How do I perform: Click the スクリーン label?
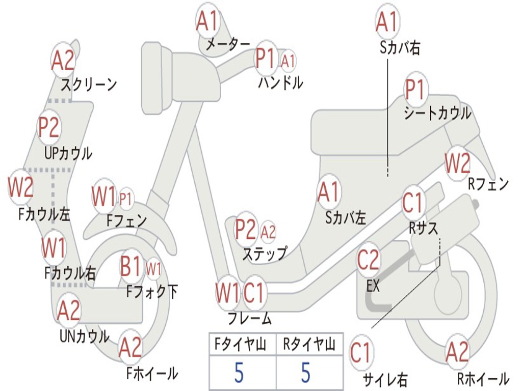tap(89, 84)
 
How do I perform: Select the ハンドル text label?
tap(280, 82)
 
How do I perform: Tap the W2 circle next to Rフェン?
tap(457, 163)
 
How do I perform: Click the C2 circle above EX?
tap(368, 260)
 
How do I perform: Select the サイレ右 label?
tap(385, 379)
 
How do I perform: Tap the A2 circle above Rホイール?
tap(457, 352)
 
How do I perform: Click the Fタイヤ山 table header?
tap(242, 346)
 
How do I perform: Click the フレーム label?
tap(249, 319)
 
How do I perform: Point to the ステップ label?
tap(265, 253)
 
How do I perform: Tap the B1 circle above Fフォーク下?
tap(130, 266)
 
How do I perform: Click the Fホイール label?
tap(152, 374)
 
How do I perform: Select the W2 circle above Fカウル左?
tap(20, 187)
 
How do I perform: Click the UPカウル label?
tap(68, 153)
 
